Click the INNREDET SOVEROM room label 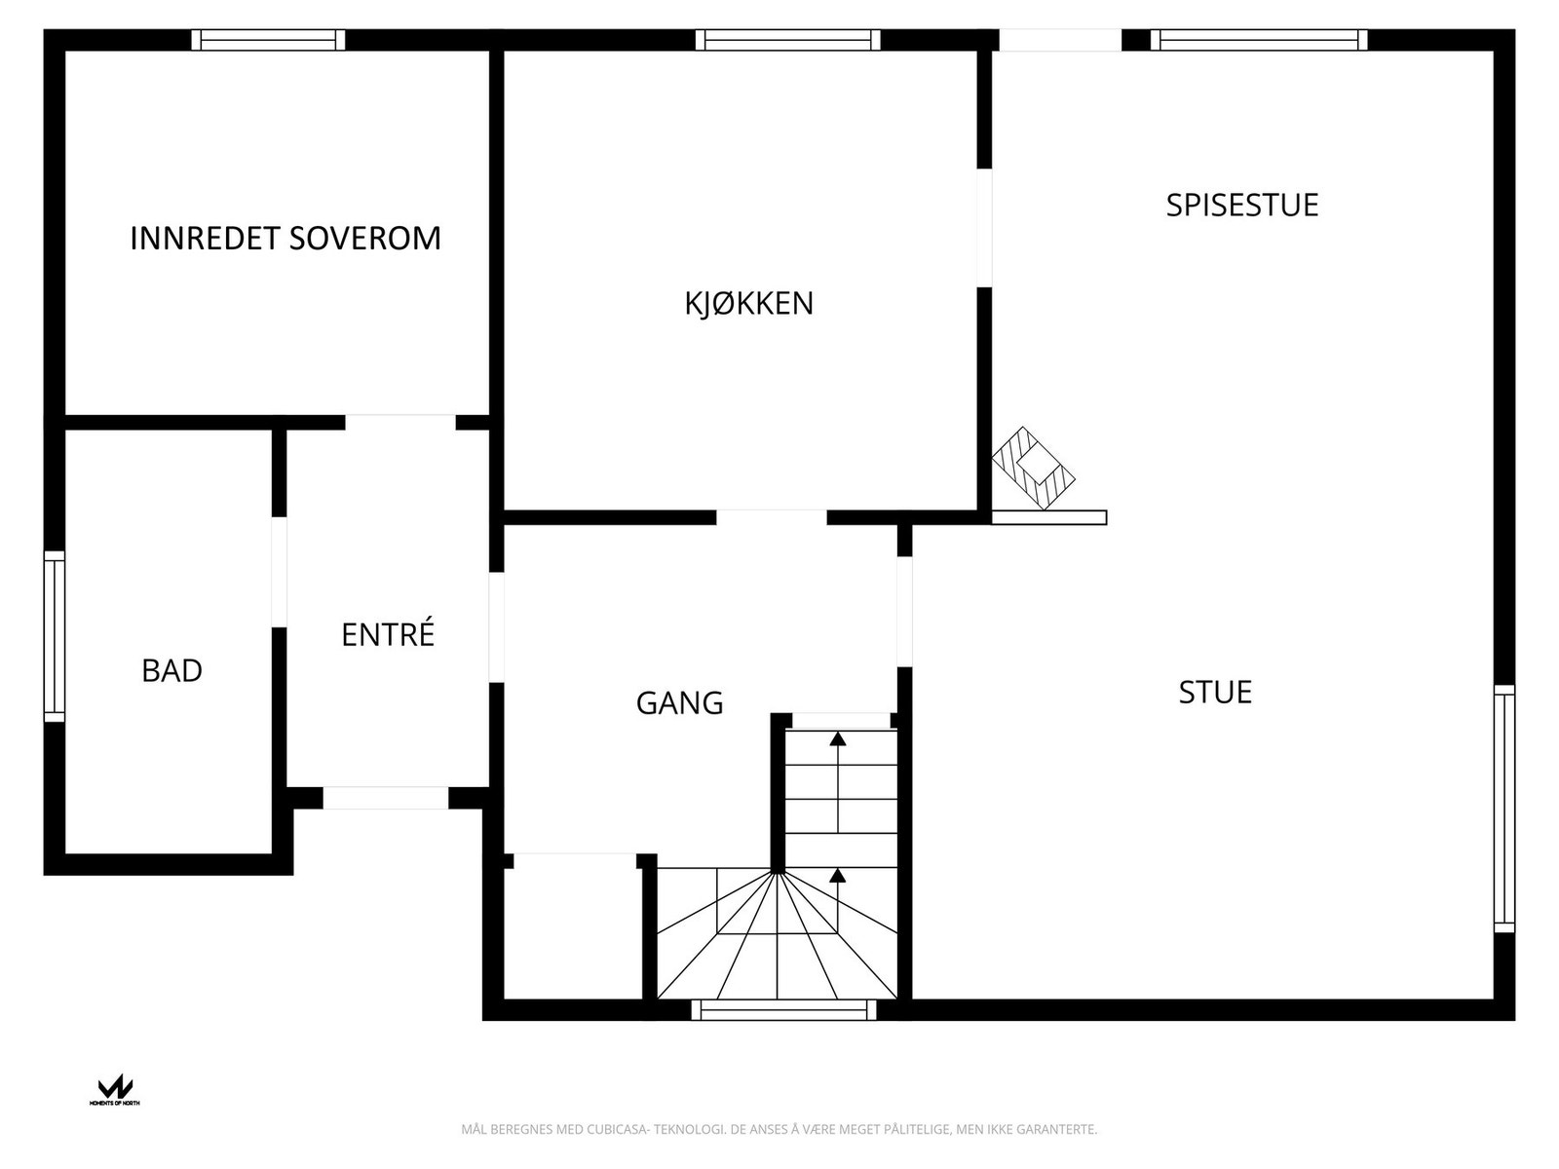pyautogui.click(x=285, y=239)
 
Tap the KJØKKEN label pyautogui.click(x=748, y=304)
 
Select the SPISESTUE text pyautogui.click(x=1241, y=206)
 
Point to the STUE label pyautogui.click(x=1215, y=693)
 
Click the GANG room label pyautogui.click(x=679, y=703)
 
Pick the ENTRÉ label pyautogui.click(x=387, y=635)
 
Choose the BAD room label pyautogui.click(x=171, y=671)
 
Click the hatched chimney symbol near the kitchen pyautogui.click(x=1033, y=468)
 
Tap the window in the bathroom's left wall pyautogui.click(x=55, y=636)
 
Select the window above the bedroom pyautogui.click(x=268, y=40)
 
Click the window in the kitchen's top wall pyautogui.click(x=787, y=40)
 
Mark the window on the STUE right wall pyautogui.click(x=1504, y=808)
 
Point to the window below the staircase pyautogui.click(x=783, y=1010)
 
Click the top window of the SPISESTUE pyautogui.click(x=1258, y=40)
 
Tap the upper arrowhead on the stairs pyautogui.click(x=838, y=738)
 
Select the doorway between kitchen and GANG pyautogui.click(x=772, y=517)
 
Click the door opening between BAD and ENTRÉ pyautogui.click(x=280, y=572)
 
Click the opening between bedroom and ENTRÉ pyautogui.click(x=399, y=422)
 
